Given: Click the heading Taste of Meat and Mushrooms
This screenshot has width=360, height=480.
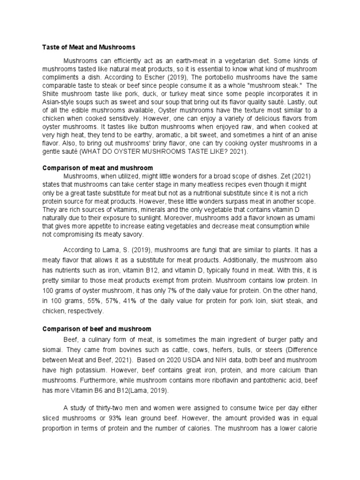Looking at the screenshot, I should pos(89,47).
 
